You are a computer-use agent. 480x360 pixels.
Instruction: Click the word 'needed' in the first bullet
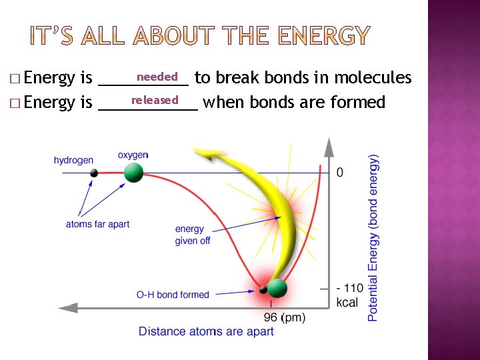coord(157,77)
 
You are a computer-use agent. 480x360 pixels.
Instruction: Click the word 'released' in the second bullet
coord(155,100)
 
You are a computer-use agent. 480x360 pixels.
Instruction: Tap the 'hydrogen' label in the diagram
coord(73,160)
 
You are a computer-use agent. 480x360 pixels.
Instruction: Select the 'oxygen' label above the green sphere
coord(133,155)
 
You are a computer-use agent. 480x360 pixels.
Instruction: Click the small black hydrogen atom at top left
coord(94,173)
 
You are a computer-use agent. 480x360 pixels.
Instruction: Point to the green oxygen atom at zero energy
coord(133,173)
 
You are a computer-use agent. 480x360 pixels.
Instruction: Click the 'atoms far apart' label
coord(97,224)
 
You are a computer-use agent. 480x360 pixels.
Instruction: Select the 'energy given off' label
coord(192,235)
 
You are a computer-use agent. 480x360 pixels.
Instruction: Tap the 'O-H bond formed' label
coord(173,295)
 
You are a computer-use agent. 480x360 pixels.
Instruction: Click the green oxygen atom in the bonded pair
coord(277,289)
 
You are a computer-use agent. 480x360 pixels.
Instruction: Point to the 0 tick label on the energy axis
coord(340,173)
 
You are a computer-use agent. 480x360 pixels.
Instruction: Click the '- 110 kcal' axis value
coord(349,295)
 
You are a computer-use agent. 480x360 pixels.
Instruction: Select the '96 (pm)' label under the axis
coord(285,318)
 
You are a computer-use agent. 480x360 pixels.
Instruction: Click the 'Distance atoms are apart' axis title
coord(206,331)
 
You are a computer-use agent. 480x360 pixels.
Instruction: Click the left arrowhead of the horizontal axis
coord(65,308)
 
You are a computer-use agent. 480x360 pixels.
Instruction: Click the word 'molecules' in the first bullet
coord(373,78)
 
